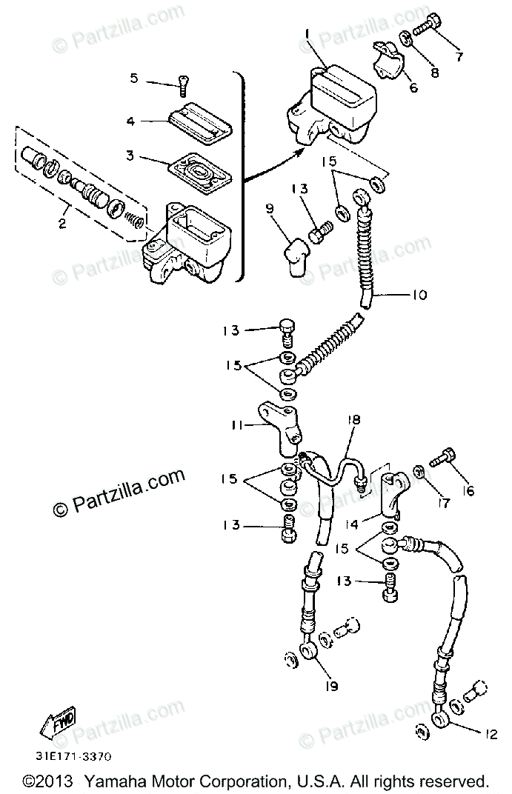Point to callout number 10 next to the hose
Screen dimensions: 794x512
click(419, 296)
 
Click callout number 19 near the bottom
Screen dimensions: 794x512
click(330, 687)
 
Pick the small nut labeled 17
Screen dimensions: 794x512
click(419, 471)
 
